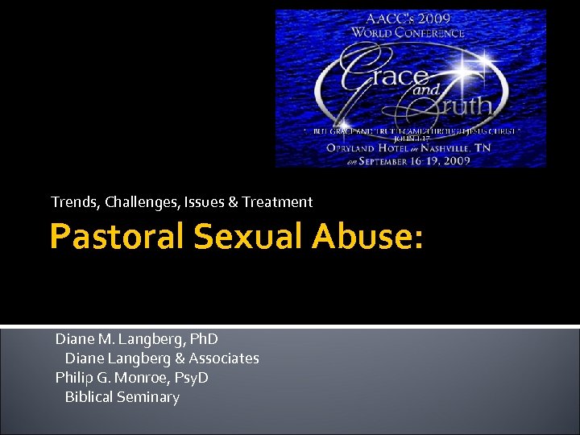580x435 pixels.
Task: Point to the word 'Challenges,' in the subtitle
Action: point(138,202)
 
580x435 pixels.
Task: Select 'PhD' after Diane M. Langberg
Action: point(201,339)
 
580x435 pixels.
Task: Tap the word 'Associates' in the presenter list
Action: point(224,358)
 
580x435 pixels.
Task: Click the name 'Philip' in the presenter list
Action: point(73,378)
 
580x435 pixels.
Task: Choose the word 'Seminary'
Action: point(148,397)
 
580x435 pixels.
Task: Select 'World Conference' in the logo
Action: point(408,34)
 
